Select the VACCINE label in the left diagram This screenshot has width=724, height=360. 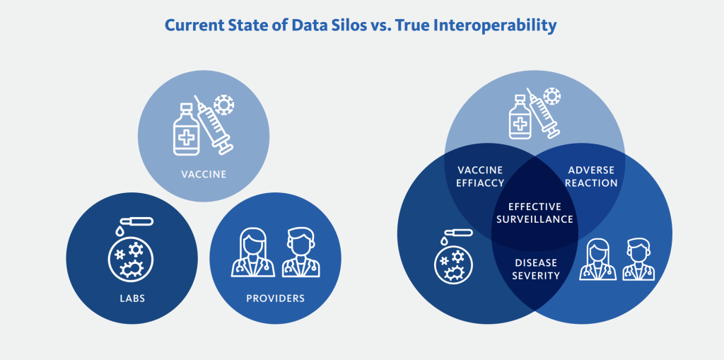pyautogui.click(x=204, y=174)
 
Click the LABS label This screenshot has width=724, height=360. pyautogui.click(x=132, y=298)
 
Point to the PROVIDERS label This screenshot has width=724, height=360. pyautogui.click(x=275, y=298)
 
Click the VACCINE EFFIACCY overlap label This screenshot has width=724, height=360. pyautogui.click(x=480, y=177)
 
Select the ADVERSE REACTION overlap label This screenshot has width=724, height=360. pyautogui.click(x=592, y=177)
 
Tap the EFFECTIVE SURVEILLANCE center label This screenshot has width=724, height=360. pyautogui.click(x=535, y=213)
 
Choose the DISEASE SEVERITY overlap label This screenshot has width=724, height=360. pyautogui.click(x=536, y=269)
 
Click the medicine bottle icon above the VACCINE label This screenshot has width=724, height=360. pyautogui.click(x=187, y=129)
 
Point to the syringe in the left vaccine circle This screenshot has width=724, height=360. pyautogui.click(x=214, y=124)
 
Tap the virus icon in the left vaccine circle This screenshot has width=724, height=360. pyautogui.click(x=224, y=105)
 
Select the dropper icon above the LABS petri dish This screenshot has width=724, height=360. pyautogui.click(x=134, y=223)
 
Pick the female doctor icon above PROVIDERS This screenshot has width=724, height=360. pyautogui.click(x=253, y=252)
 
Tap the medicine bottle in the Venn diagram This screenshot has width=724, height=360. pyautogui.click(x=520, y=117)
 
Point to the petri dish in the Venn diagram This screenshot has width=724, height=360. pyautogui.click(x=453, y=265)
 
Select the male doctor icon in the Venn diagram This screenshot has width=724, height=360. pyautogui.click(x=638, y=260)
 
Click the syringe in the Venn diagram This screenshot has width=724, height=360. pyautogui.click(x=544, y=112)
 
